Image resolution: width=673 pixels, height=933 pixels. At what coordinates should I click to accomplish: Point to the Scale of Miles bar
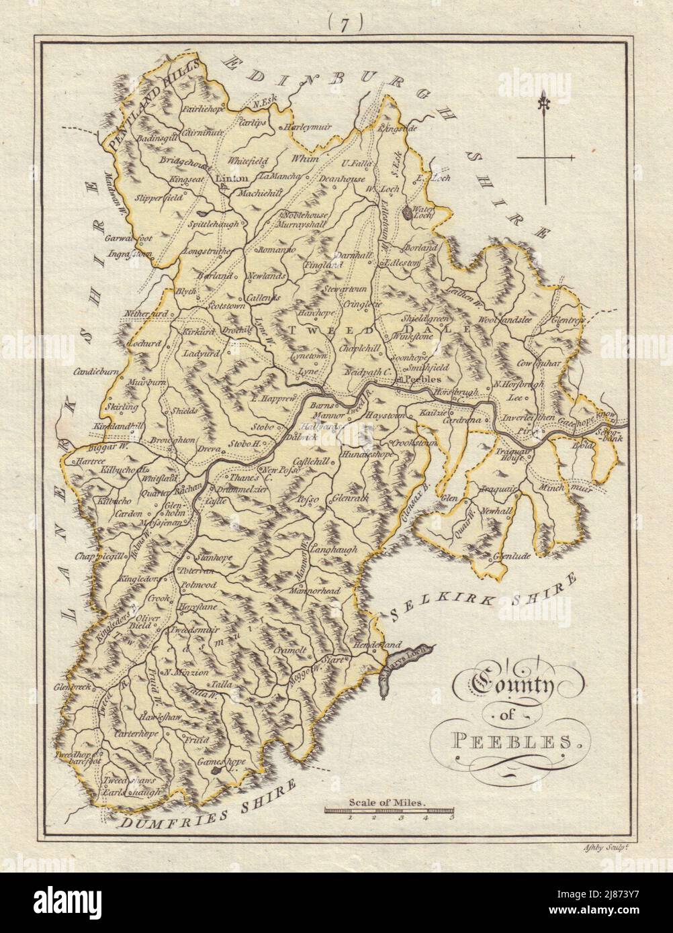click(x=389, y=811)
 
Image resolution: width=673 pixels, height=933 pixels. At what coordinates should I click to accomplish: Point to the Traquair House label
click(x=513, y=456)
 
